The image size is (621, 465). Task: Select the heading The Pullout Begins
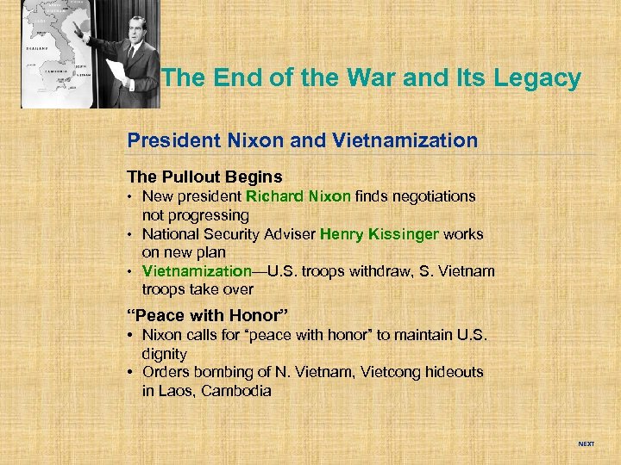point(204,177)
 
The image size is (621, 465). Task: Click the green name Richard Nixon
point(298,196)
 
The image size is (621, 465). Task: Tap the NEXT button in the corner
point(586,444)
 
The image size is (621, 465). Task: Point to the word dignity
point(165,354)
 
